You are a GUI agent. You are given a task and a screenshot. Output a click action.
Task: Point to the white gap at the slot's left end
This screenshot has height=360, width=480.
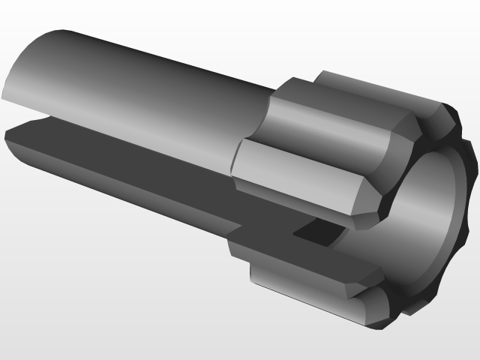tap(22, 118)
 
